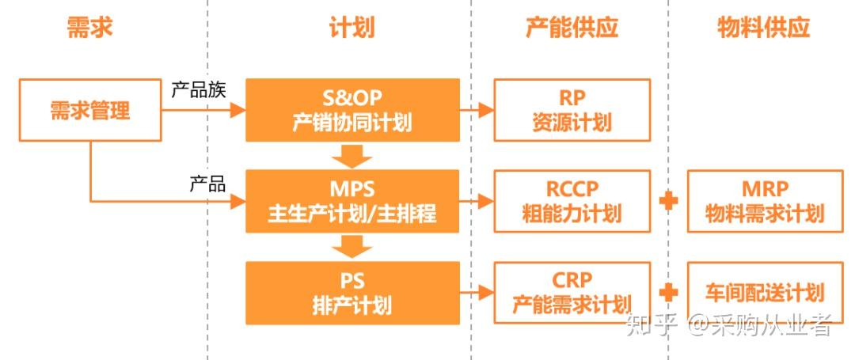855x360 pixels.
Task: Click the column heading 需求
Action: coord(90,28)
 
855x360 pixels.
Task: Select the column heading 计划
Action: coord(351,28)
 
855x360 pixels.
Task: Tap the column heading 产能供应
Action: coord(572,28)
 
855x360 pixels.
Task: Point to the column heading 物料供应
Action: coord(763,28)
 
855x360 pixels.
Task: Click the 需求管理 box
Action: coord(90,110)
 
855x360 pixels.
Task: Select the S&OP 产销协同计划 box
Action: coord(352,110)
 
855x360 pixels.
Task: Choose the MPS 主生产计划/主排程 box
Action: coord(352,201)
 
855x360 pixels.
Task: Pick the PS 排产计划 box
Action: coord(352,293)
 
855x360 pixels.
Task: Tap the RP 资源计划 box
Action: coord(572,110)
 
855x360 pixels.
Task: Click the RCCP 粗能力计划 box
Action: coord(572,201)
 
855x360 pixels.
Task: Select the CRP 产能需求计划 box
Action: coord(572,293)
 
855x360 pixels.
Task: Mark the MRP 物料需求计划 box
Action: coord(765,201)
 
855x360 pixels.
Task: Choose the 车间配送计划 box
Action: coord(765,293)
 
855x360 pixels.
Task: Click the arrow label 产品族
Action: coord(199,90)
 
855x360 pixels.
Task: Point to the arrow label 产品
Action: coord(207,184)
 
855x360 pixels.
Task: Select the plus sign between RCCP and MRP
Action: coord(669,201)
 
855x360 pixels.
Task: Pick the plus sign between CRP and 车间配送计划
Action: coord(669,293)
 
